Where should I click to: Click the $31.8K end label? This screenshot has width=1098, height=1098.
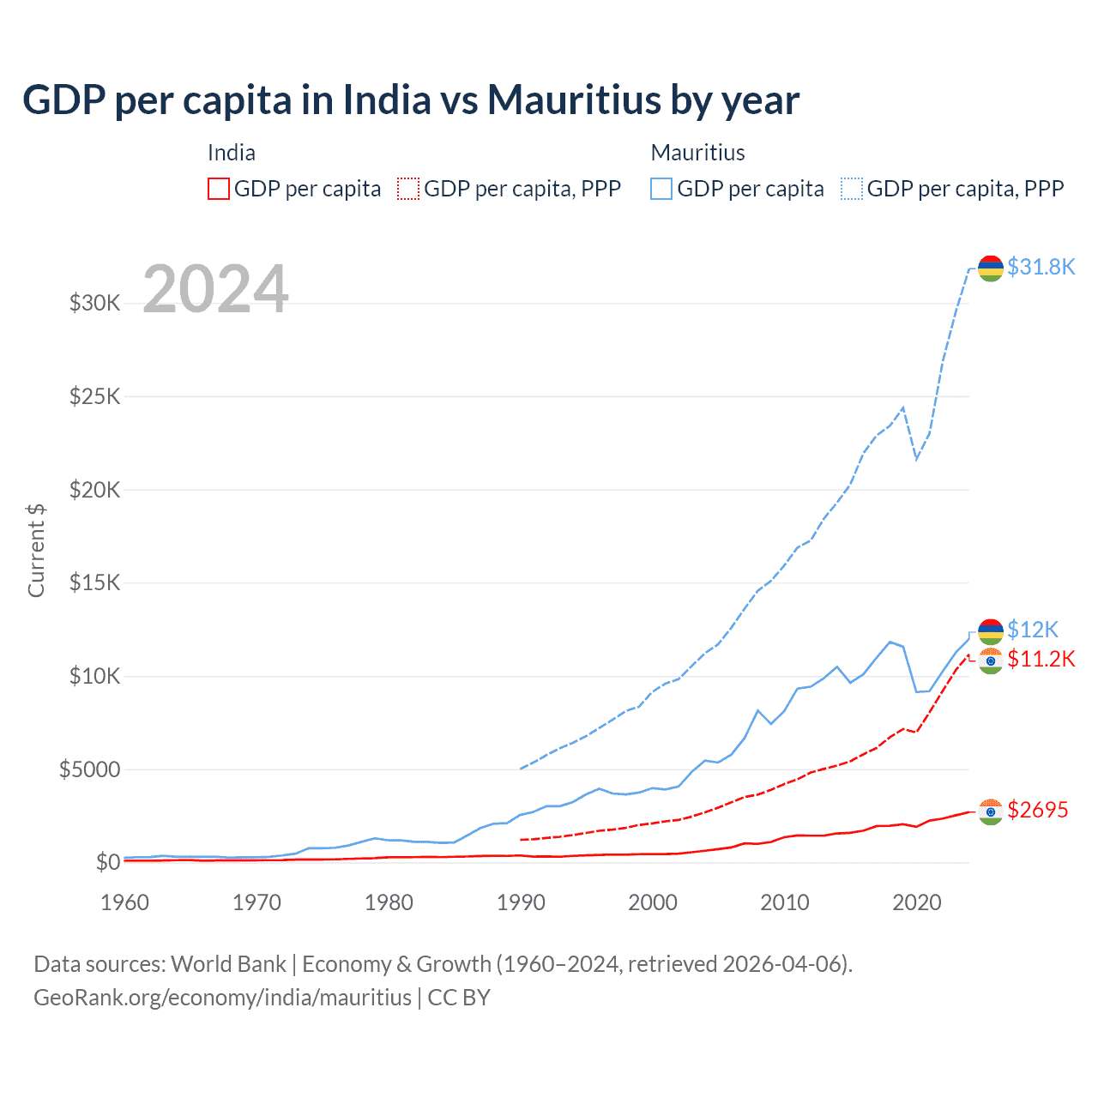(1041, 267)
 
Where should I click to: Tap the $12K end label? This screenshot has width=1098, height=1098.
(1033, 630)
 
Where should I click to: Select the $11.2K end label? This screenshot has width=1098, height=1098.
(1041, 659)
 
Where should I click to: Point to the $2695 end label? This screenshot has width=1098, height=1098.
(1037, 810)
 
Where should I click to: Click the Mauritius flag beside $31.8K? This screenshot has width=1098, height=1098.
(991, 268)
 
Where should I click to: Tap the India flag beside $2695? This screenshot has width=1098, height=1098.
(991, 811)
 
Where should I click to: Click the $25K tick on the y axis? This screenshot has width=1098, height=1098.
(95, 396)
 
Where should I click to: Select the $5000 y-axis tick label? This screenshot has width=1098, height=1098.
(89, 769)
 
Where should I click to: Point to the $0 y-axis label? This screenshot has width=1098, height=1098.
(108, 862)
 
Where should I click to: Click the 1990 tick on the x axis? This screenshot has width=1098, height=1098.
(521, 902)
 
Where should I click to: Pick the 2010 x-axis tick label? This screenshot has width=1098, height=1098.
(785, 902)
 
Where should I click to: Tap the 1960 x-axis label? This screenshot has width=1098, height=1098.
(125, 902)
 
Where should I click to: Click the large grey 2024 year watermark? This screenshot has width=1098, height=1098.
(215, 289)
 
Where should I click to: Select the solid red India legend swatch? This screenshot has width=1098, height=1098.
(219, 189)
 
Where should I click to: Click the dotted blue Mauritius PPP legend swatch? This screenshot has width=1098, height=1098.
(852, 189)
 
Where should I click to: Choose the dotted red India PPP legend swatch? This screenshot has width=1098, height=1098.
(408, 189)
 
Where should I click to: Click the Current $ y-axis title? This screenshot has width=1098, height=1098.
(36, 550)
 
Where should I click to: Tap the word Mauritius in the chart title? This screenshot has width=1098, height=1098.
(574, 100)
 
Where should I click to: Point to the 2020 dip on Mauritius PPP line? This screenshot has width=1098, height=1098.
(917, 458)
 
